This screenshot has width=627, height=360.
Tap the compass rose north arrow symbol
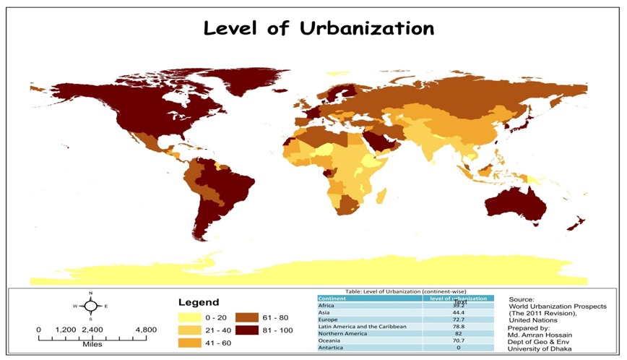[90, 306]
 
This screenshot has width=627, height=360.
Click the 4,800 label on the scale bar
[145, 330]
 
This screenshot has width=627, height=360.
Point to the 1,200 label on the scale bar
[66, 330]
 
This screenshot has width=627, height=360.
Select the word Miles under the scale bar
[92, 344]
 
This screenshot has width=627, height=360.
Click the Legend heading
[199, 302]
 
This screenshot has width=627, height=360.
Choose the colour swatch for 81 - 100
[248, 330]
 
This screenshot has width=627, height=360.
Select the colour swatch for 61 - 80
[248, 317]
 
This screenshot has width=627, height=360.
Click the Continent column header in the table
[332, 298]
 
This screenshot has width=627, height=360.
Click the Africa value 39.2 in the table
[459, 306]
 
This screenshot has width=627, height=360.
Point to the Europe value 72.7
[459, 320]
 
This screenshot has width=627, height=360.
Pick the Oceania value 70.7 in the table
[459, 340]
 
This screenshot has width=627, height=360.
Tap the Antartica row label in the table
[331, 348]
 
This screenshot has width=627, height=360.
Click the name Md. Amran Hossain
[541, 334]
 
